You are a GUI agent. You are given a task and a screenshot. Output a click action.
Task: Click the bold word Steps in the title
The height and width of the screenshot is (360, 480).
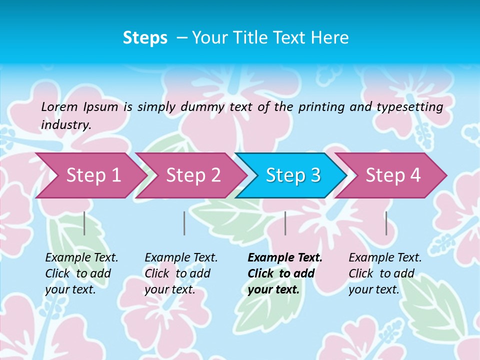point(145,38)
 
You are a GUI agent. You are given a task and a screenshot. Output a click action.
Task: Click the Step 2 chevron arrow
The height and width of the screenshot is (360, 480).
point(193,175)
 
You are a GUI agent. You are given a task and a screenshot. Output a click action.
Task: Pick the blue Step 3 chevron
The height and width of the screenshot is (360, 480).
point(293,175)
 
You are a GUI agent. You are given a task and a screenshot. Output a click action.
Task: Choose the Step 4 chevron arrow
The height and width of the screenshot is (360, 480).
point(393,175)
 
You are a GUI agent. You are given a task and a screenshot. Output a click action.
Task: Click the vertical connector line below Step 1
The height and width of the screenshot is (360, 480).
point(84,223)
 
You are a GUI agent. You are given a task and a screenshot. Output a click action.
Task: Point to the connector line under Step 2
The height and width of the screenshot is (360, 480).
point(184,223)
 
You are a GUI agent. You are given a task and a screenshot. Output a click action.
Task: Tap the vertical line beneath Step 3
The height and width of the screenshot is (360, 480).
point(285,223)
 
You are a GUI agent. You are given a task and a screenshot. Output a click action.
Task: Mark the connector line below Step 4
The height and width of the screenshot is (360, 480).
point(386,223)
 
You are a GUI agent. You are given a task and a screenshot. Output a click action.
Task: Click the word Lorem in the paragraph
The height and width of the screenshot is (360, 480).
point(59,106)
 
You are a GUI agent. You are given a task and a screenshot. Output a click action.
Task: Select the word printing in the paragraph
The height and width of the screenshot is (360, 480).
point(320,107)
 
